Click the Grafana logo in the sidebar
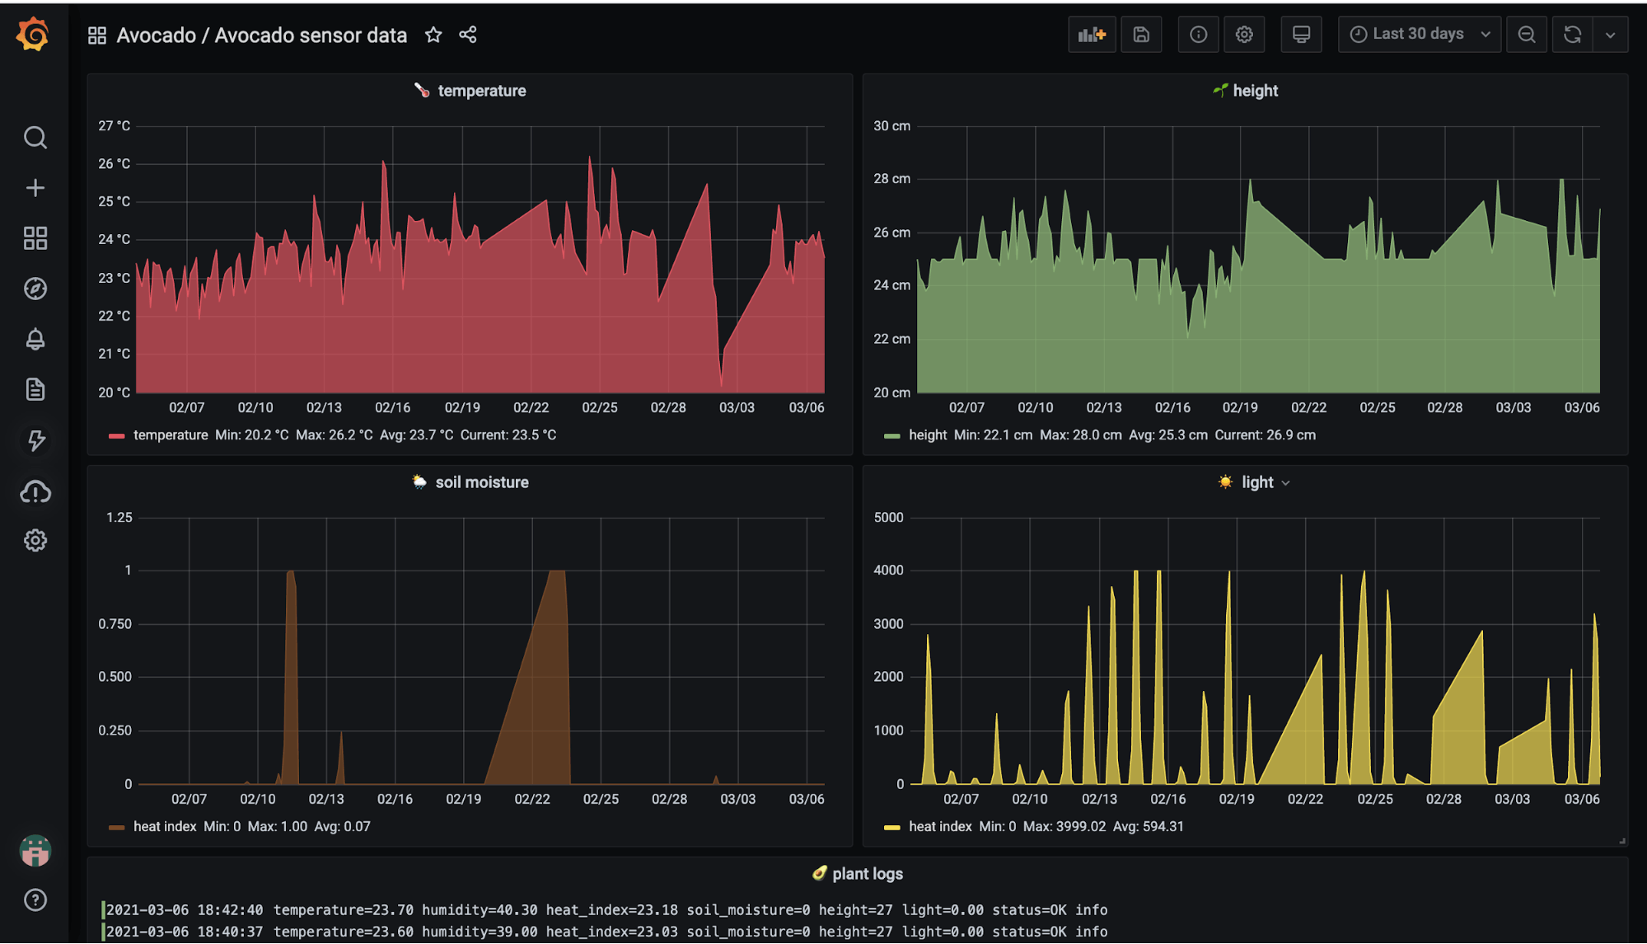(33, 35)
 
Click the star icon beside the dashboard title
(433, 35)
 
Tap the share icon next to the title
(468, 35)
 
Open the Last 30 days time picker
(1420, 34)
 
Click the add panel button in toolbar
(1092, 35)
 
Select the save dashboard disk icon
(1141, 35)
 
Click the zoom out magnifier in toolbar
(1527, 35)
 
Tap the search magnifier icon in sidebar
(35, 137)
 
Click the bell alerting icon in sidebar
(35, 339)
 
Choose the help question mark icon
(35, 899)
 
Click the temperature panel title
(481, 91)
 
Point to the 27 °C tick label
(114, 126)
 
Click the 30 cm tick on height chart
(891, 126)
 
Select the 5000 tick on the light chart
(888, 518)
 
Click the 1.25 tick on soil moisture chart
(119, 518)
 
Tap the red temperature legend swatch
(116, 435)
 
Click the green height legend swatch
(891, 435)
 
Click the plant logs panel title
(867, 874)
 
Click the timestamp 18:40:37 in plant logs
(230, 932)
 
